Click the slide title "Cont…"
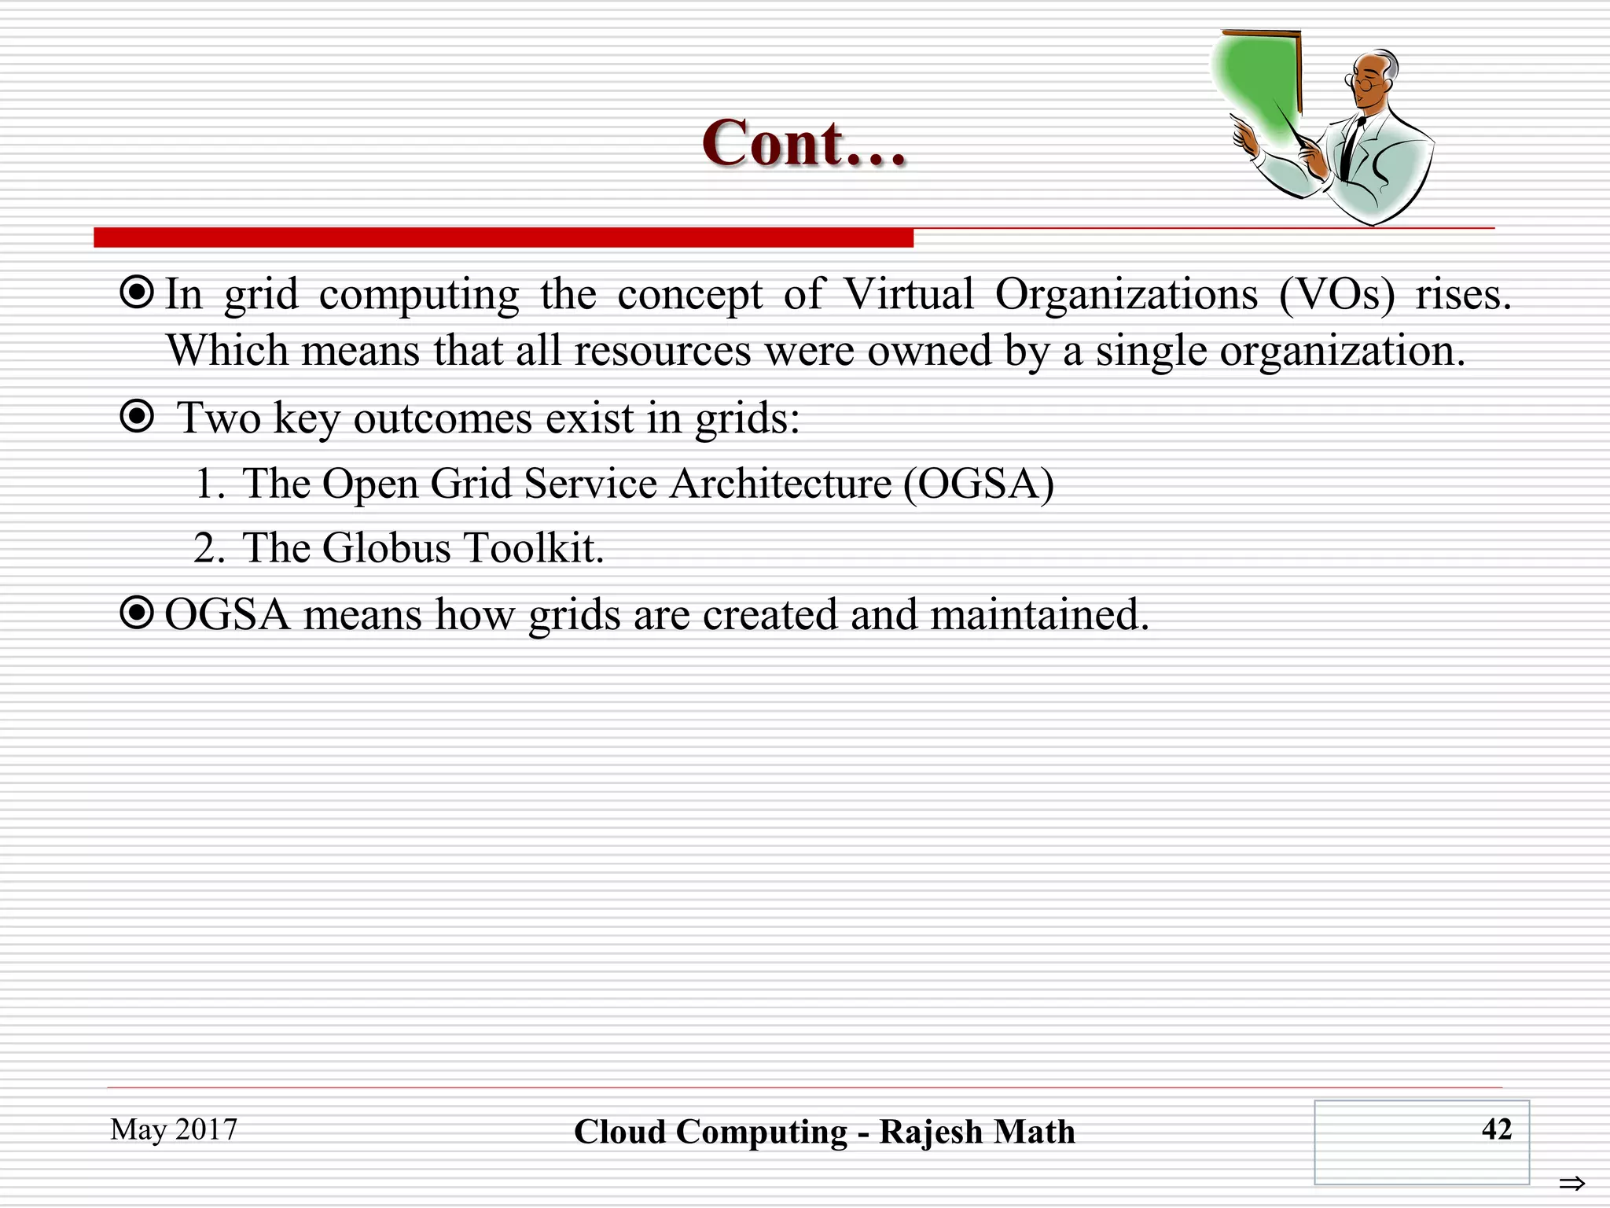pyautogui.click(x=804, y=144)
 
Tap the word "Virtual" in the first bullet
pyautogui.click(x=909, y=295)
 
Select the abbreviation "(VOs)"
pyautogui.click(x=1336, y=295)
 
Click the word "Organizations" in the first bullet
pyautogui.click(x=1126, y=296)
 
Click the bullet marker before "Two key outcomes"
pyautogui.click(x=137, y=416)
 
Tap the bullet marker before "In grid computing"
pyautogui.click(x=137, y=293)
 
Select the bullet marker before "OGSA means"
pyautogui.click(x=137, y=613)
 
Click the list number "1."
pyautogui.click(x=209, y=484)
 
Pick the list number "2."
pyautogui.click(x=209, y=548)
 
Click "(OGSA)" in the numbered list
pyautogui.click(x=979, y=484)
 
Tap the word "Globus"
pyautogui.click(x=386, y=548)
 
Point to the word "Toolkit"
pyautogui.click(x=532, y=548)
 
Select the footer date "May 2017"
pyautogui.click(x=174, y=1129)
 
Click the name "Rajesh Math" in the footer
pyautogui.click(x=977, y=1132)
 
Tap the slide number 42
pyautogui.click(x=1496, y=1129)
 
